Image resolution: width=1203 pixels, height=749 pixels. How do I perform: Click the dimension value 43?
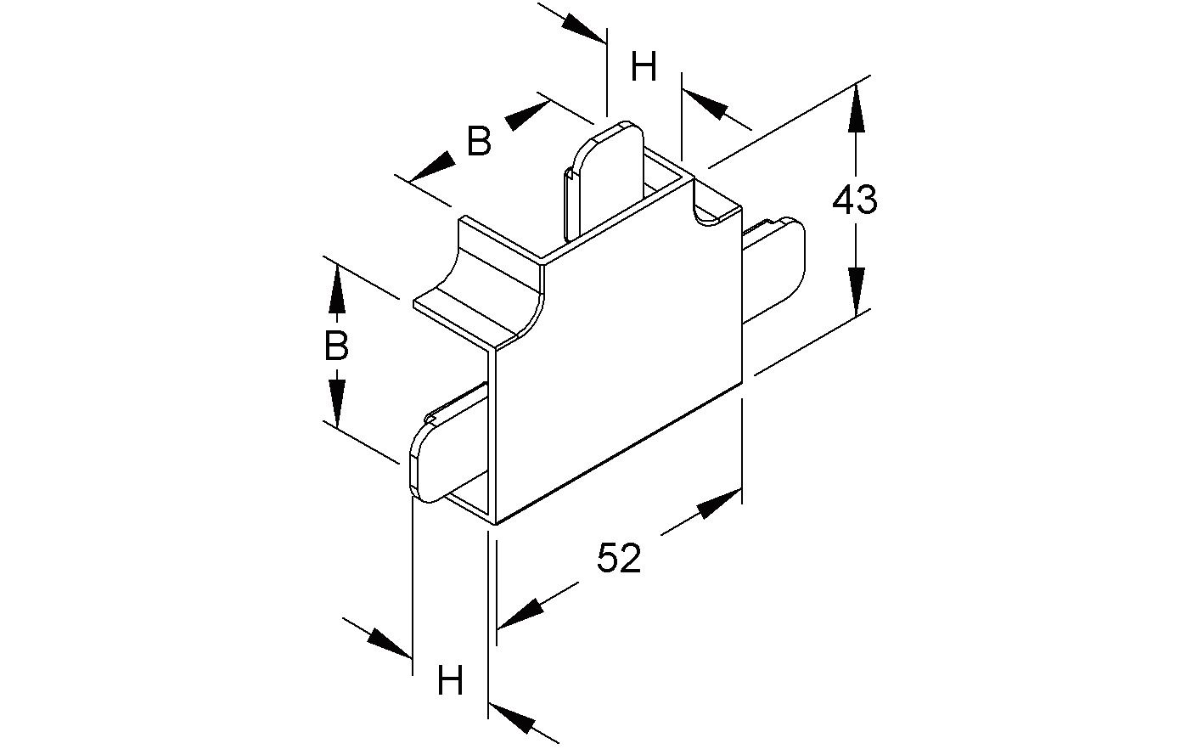854,200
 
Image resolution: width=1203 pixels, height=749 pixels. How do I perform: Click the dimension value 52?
619,559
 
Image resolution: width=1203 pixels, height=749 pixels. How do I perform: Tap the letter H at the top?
644,66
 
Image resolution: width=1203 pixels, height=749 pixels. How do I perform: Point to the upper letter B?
480,141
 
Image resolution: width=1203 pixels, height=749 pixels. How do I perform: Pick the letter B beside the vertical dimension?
336,346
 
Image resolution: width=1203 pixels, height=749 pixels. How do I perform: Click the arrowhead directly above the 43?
856,110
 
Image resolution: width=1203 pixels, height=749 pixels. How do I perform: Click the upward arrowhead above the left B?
337,290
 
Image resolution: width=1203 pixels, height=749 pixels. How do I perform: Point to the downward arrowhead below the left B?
337,402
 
